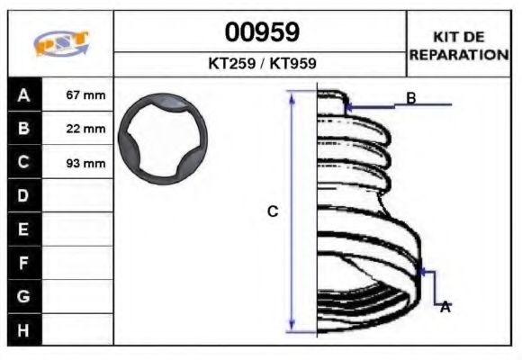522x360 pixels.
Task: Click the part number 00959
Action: tap(261, 31)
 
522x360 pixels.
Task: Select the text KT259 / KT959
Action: tap(261, 65)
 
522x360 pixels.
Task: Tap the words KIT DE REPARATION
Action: tap(459, 45)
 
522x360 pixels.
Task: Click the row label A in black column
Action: tap(23, 94)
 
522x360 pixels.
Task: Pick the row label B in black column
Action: tap(23, 128)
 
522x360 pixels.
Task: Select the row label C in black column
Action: tap(23, 162)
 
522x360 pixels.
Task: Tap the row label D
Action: tap(23, 195)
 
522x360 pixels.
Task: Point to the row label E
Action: tap(23, 229)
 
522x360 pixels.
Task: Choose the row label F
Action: tap(23, 263)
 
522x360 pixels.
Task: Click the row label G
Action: tap(23, 296)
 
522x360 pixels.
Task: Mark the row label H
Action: tap(23, 330)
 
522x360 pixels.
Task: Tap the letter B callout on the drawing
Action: tap(410, 97)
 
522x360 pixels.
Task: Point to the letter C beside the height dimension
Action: tap(273, 211)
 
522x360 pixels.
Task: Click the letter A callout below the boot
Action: tap(445, 307)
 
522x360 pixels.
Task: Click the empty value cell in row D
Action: tap(78, 195)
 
